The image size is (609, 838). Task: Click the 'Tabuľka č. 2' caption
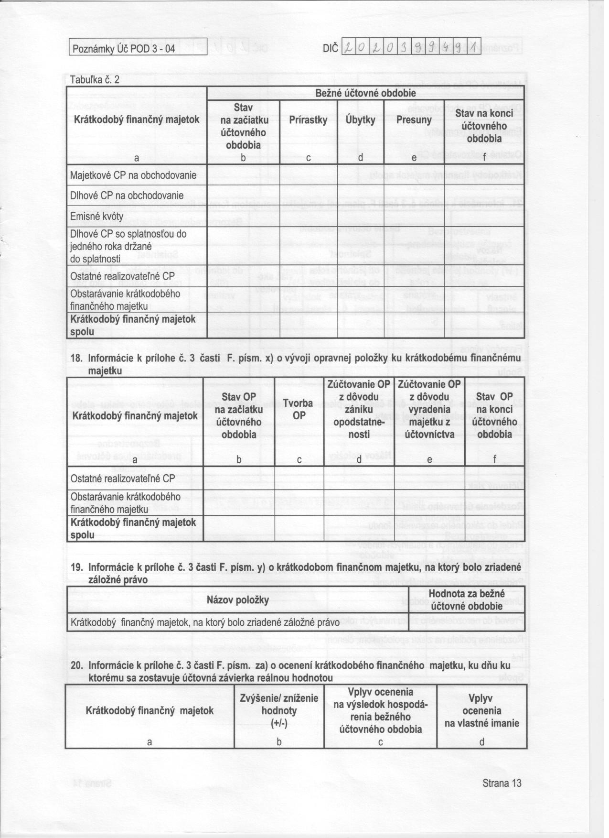click(x=95, y=80)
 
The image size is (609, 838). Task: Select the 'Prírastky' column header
click(x=308, y=120)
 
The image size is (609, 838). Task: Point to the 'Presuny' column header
click(x=414, y=120)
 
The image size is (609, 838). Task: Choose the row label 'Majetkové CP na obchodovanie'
click(x=133, y=175)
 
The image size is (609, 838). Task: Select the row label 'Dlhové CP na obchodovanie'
click(x=127, y=196)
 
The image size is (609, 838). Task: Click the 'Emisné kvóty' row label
click(x=96, y=216)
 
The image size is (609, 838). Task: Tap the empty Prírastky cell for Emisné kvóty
click(x=308, y=216)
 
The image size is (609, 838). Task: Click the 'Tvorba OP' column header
click(x=299, y=409)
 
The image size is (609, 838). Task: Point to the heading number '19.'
click(x=77, y=567)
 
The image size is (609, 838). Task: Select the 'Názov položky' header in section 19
click(x=238, y=600)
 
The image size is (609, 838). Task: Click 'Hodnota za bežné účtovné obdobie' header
click(x=467, y=600)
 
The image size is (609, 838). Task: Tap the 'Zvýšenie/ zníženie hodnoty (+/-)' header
click(x=279, y=710)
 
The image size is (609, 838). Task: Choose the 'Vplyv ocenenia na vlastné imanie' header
click(x=481, y=710)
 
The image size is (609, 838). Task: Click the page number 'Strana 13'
click(x=502, y=783)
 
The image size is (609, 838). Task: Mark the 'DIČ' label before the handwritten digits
click(x=331, y=48)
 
